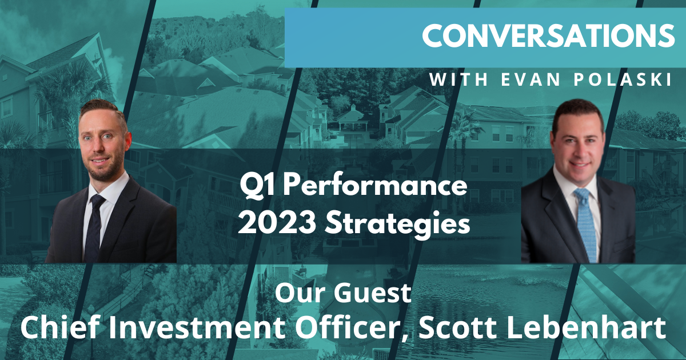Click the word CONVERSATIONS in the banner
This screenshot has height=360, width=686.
[x=548, y=35]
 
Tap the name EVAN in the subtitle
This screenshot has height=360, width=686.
[x=531, y=79]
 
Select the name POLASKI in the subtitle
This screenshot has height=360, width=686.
[x=623, y=79]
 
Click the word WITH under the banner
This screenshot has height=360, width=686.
[x=458, y=79]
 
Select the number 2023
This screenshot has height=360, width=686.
[x=277, y=223]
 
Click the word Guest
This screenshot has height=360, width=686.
[x=372, y=293]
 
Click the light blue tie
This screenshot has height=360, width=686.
[x=586, y=223]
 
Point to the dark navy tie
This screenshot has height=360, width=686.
[x=94, y=228]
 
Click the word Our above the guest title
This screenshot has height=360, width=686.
[x=297, y=293]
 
